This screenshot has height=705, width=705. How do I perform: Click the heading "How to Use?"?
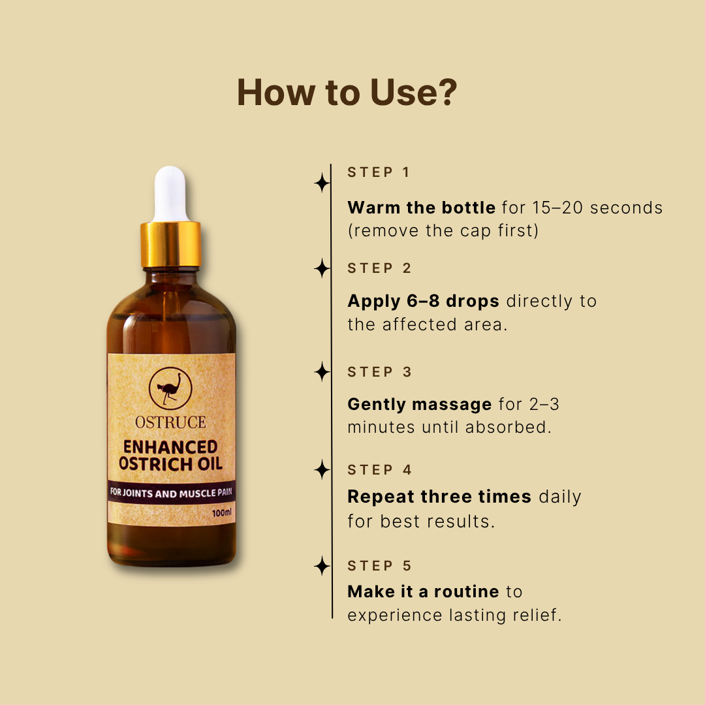pyautogui.click(x=347, y=92)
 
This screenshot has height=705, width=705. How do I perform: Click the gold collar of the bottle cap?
pyautogui.click(x=171, y=244)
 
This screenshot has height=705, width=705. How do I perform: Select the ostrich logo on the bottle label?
pyautogui.click(x=170, y=388)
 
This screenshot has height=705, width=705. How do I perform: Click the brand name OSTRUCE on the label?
pyautogui.click(x=170, y=422)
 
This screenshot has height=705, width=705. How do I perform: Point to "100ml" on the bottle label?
pyautogui.click(x=222, y=513)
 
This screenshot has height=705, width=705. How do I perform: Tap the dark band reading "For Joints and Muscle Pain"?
pyautogui.click(x=171, y=493)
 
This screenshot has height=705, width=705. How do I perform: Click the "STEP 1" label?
pyautogui.click(x=379, y=172)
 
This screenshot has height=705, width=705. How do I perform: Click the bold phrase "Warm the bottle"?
pyautogui.click(x=421, y=208)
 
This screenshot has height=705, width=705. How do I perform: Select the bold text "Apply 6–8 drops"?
pyautogui.click(x=423, y=301)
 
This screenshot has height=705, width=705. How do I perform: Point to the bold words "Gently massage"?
pyautogui.click(x=419, y=404)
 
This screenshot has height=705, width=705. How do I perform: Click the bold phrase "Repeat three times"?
pyautogui.click(x=439, y=497)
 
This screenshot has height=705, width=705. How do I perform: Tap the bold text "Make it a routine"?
pyautogui.click(x=423, y=592)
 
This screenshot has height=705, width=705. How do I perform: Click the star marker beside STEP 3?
pyautogui.click(x=322, y=372)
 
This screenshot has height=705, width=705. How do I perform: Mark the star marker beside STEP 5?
pyautogui.click(x=322, y=566)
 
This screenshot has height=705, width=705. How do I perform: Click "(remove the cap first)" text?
pyautogui.click(x=443, y=231)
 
